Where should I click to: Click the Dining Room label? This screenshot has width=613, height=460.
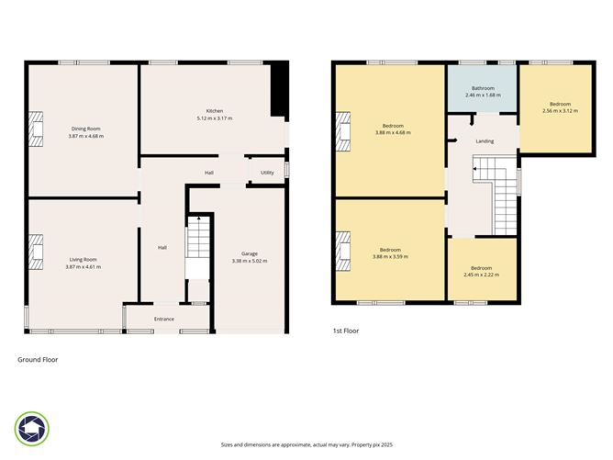85,129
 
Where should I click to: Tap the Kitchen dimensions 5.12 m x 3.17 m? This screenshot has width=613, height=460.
214,118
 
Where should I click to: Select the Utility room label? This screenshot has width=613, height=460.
267,173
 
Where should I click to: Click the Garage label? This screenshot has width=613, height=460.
249,253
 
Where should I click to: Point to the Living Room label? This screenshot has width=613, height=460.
84,260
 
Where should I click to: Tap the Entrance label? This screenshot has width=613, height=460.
164,319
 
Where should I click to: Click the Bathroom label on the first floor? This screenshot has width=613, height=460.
482,88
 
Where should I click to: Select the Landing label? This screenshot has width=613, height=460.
485,141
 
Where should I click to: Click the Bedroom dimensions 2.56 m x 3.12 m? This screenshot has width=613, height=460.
560,112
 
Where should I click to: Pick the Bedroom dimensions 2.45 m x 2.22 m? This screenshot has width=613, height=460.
481,275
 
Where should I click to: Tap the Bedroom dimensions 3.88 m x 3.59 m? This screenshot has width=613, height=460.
391,256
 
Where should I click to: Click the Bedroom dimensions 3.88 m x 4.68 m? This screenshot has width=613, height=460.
392,132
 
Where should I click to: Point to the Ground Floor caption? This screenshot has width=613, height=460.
38,360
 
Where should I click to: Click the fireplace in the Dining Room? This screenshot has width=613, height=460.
35,130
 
